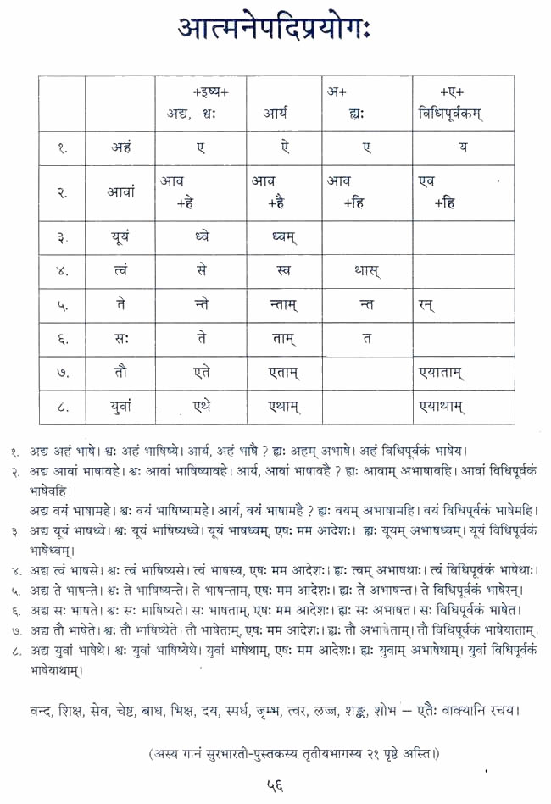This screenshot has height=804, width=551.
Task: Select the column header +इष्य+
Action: [x=200, y=91]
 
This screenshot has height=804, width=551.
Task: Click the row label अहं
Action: [x=120, y=148]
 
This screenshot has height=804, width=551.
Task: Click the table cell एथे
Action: [x=200, y=407]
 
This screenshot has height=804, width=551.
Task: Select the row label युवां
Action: [x=120, y=407]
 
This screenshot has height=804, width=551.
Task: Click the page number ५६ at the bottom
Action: [x=275, y=785]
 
